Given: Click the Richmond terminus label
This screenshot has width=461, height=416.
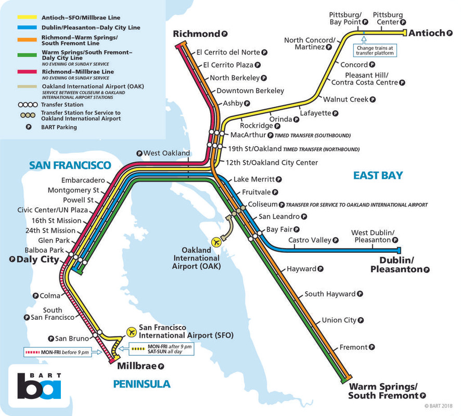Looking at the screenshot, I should [x=197, y=34].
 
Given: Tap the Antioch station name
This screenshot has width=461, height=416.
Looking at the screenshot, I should [x=427, y=33].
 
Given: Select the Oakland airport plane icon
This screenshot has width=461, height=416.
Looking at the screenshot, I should [x=217, y=242].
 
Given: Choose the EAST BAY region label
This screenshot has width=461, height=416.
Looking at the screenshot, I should [x=378, y=175].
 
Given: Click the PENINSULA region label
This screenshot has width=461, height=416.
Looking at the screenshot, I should [x=142, y=384].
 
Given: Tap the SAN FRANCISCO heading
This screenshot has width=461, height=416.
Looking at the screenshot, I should [x=70, y=165].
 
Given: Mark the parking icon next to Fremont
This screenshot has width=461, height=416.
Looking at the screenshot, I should [x=371, y=347].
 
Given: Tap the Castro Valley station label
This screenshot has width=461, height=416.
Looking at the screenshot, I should [x=310, y=240].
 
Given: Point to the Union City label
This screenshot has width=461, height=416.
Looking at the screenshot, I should [x=339, y=320].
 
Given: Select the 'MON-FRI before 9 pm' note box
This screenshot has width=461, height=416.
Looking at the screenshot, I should [x=58, y=352].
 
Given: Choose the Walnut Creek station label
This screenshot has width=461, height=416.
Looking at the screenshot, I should [x=345, y=99].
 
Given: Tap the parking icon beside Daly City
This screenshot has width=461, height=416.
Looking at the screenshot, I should [x=12, y=259].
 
